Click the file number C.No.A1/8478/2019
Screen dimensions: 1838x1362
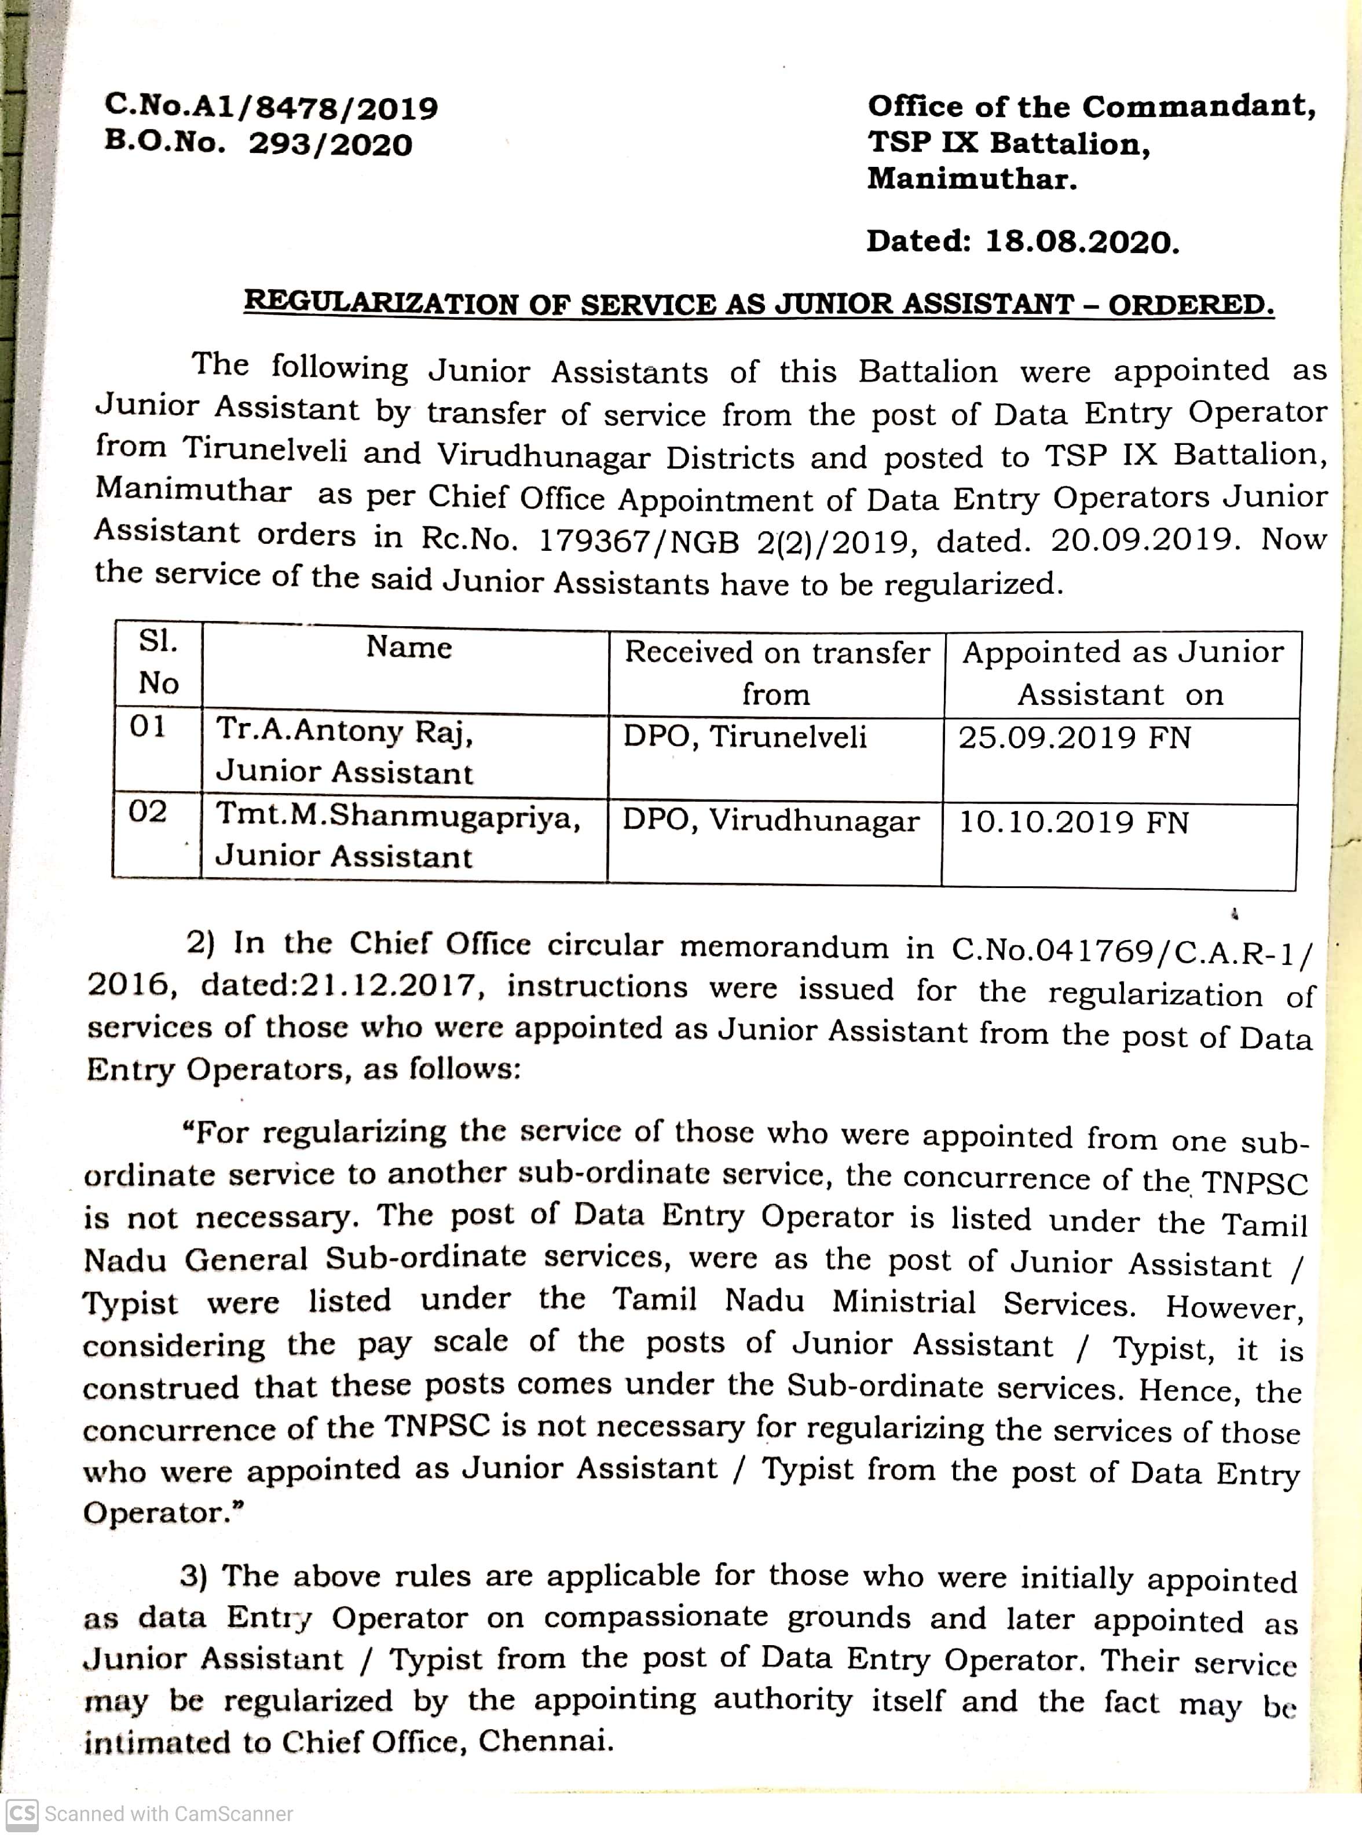[x=271, y=107]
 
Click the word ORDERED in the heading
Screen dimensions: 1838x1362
[x=1191, y=305]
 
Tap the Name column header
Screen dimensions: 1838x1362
[x=409, y=647]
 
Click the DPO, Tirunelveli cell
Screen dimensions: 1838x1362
[x=745, y=736]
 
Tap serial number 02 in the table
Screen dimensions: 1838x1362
[x=148, y=812]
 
